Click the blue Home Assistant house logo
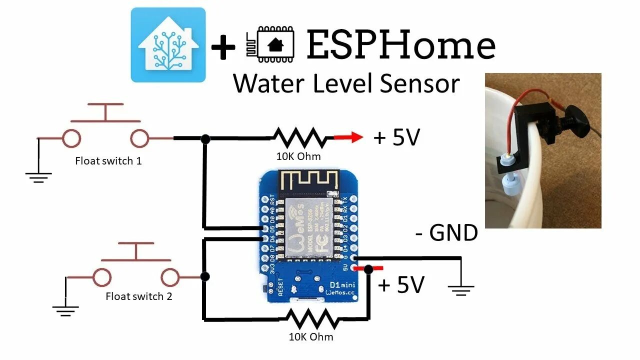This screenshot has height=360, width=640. coord(168,45)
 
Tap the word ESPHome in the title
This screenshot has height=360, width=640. coord(400,45)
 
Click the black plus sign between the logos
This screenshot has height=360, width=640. coord(223,48)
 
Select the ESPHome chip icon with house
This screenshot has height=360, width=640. coord(269,45)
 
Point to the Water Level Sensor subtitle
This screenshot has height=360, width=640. coord(346,83)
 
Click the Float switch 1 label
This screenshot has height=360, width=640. coord(108,161)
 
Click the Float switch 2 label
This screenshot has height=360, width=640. coord(139,296)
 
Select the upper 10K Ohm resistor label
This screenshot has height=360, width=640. coord(298,156)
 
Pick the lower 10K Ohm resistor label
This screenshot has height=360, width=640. coord(311,337)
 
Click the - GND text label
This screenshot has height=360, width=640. coord(446,233)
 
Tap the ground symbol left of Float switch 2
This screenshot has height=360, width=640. coord(65,310)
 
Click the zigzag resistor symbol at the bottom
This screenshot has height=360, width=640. coord(311,318)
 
